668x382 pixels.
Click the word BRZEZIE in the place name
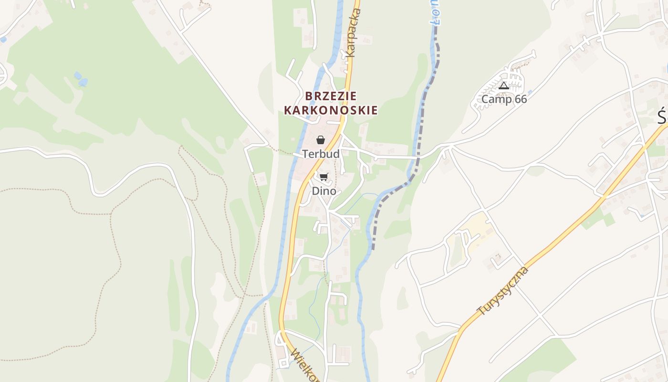coord(331,96)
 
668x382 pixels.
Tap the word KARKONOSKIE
coord(331,111)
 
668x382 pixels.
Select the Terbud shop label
coord(321,154)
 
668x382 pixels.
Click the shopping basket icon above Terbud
coord(321,140)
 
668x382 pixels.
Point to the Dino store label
coord(324,191)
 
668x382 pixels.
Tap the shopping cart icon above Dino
coord(324,177)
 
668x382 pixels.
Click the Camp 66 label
coord(504,99)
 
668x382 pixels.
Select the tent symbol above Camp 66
coord(504,86)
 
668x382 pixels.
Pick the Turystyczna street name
coord(503,291)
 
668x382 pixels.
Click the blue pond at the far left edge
coord(3,40)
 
